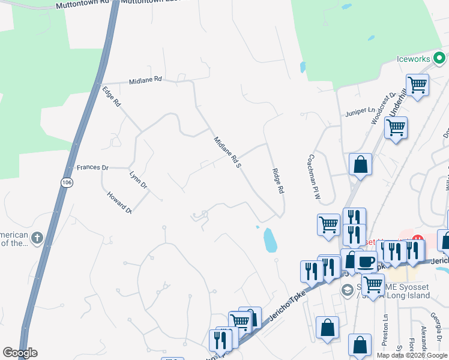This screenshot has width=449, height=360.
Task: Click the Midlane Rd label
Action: click(145, 79)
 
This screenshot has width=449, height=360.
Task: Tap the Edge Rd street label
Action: click(112, 97)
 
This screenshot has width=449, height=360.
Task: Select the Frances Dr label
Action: click(92, 167)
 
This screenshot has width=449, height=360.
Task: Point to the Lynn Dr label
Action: click(138, 180)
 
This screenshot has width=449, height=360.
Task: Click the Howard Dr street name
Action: click(119, 202)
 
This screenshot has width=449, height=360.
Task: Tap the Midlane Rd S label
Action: click(227, 152)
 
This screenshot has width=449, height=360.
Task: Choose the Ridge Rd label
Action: click(277, 181)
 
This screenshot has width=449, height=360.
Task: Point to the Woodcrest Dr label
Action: click(384, 108)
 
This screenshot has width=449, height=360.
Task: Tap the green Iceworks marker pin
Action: click(439, 58)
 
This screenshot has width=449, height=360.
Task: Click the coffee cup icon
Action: click(366, 262)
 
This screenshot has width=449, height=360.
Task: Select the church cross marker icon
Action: click(37, 238)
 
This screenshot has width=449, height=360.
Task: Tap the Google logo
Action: click(20, 353)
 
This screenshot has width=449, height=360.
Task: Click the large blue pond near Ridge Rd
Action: click(270, 239)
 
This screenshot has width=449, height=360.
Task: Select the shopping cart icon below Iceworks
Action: click(417, 85)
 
